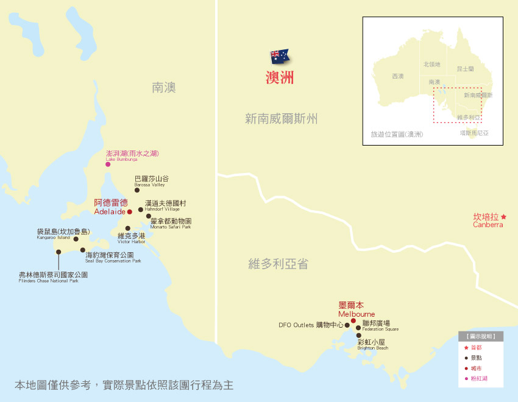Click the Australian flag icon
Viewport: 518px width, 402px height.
click(x=280, y=57)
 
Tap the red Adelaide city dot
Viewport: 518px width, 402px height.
click(x=129, y=212)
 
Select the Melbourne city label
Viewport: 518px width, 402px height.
click(x=357, y=309)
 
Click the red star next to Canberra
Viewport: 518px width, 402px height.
click(x=503, y=217)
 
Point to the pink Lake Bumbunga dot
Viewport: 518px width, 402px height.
click(x=108, y=164)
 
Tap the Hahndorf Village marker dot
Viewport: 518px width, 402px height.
click(x=141, y=210)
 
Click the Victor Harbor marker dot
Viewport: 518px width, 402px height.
click(x=127, y=228)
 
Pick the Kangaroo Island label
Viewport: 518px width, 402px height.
click(x=63, y=234)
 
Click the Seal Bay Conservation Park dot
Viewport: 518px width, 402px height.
click(x=83, y=250)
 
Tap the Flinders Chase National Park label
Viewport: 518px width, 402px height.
click(x=53, y=277)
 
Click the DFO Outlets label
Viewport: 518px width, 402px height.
click(x=311, y=325)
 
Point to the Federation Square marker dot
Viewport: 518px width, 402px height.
click(x=358, y=328)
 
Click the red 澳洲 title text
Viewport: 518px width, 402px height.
click(x=280, y=77)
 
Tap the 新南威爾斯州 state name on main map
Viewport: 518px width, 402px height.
click(x=281, y=118)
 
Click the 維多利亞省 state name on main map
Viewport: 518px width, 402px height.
click(x=278, y=263)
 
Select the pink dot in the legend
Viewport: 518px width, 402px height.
click(x=466, y=379)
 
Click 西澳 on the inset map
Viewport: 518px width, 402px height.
click(x=397, y=76)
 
